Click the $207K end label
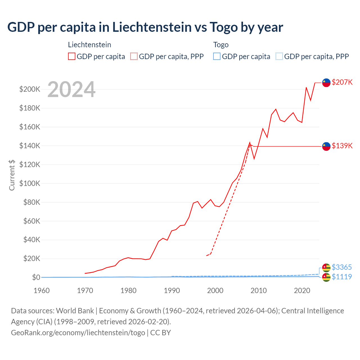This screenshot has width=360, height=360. point(342,82)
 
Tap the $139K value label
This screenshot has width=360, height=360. point(342,146)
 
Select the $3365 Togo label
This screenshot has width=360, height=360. point(342,267)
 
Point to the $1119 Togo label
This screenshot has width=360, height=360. point(342,277)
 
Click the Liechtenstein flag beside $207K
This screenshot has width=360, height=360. point(326,82)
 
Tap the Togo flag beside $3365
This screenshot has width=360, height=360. point(326,267)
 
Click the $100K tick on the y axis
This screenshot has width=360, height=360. point(30,183)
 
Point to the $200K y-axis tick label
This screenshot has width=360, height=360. point(30,89)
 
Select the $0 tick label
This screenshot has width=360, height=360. point(36,277)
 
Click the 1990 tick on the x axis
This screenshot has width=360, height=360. point(172,291)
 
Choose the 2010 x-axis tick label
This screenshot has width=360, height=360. point(258,291)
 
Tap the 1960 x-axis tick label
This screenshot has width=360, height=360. point(42,291)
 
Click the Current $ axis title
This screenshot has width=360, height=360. point(12,175)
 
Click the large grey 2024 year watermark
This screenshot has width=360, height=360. point(71,89)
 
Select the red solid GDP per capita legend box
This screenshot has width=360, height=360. point(72,56)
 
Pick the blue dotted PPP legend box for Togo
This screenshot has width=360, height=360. point(279,56)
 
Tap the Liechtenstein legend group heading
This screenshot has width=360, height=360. point(89,45)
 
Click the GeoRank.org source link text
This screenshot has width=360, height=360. point(78,332)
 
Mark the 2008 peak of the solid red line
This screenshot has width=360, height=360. point(250,143)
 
